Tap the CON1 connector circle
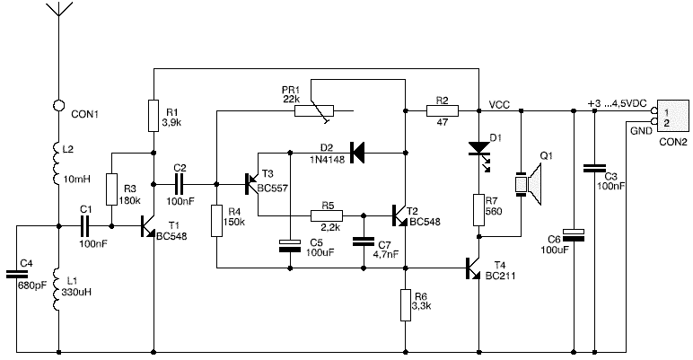pos(58,105)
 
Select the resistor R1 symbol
pos(154,116)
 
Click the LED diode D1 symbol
pos(480,150)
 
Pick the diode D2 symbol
pos(356,153)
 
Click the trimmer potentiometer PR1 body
pos(315,110)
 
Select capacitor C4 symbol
pos(17,274)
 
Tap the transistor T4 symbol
pos(473,268)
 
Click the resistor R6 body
pos(406,304)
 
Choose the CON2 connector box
pos(672,116)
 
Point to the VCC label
pos(499,105)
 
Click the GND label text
pos(641,131)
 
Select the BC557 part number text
pos(273,189)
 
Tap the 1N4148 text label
pos(327,159)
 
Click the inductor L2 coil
pos(57,162)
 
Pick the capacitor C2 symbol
pos(180,184)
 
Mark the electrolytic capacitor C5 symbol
pos(290,246)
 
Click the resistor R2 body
pos(443,110)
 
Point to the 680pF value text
pos(32,285)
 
